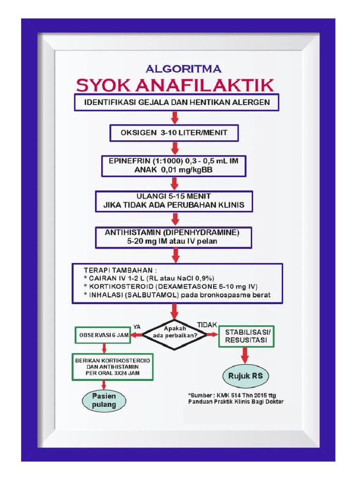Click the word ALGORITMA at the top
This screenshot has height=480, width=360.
pyautogui.click(x=184, y=69)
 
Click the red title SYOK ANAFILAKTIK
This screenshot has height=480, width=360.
pyautogui.click(x=175, y=85)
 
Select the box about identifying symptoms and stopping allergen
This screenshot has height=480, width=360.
pyautogui.click(x=176, y=102)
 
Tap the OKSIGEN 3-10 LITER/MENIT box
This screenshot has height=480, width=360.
pyautogui.click(x=174, y=133)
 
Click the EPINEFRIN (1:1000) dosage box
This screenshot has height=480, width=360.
pyautogui.click(x=174, y=165)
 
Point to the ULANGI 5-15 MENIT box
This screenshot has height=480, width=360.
pyautogui.click(x=174, y=201)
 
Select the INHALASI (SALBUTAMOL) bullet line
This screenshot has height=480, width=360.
pyautogui.click(x=176, y=295)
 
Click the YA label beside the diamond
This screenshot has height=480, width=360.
pyautogui.click(x=137, y=325)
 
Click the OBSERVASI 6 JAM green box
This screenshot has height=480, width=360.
pyautogui.click(x=102, y=335)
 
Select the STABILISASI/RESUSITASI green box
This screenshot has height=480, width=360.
pyautogui.click(x=246, y=336)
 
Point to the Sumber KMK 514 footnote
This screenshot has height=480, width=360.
pyautogui.click(x=235, y=398)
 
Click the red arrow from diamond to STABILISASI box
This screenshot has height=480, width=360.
pyautogui.click(x=212, y=334)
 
